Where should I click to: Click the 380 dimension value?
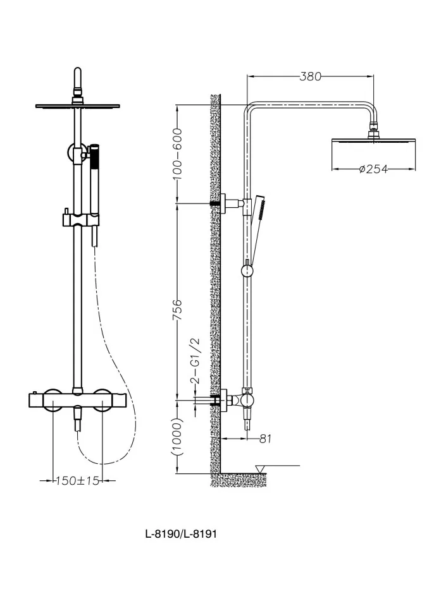(311, 76)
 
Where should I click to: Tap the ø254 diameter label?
(373, 169)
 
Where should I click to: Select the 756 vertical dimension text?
(177, 310)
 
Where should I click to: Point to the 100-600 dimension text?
(177, 154)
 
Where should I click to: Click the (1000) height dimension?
(177, 437)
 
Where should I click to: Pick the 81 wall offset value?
(265, 439)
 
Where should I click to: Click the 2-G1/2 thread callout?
(195, 360)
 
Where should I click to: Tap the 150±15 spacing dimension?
(77, 480)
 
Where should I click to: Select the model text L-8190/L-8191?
(181, 533)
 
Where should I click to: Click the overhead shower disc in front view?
(77, 106)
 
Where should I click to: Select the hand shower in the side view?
(257, 227)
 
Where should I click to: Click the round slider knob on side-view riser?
(247, 270)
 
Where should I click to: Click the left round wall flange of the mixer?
(53, 400)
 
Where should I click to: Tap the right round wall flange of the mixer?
(102, 400)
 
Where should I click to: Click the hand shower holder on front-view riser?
(80, 219)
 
